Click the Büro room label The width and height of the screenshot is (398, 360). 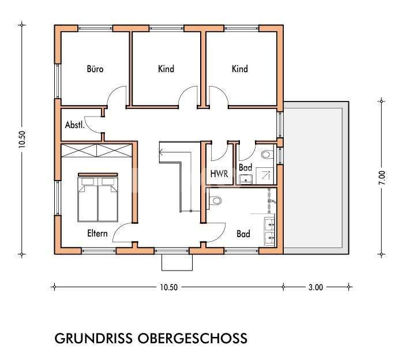[95, 69]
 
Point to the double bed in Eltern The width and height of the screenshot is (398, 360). [97, 197]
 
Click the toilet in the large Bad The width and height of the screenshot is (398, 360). [215, 201]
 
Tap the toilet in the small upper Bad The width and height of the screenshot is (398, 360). [266, 155]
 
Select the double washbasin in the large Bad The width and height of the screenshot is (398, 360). [270, 230]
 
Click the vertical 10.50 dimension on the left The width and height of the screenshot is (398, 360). [22, 139]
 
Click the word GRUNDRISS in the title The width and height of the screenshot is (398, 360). [93, 338]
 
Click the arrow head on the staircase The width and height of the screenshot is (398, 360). [162, 153]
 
